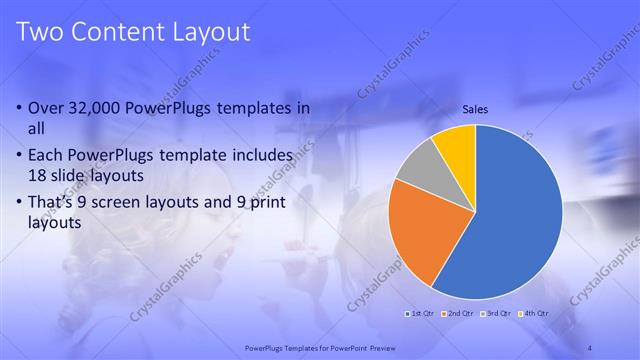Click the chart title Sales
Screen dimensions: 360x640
coord(475,110)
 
